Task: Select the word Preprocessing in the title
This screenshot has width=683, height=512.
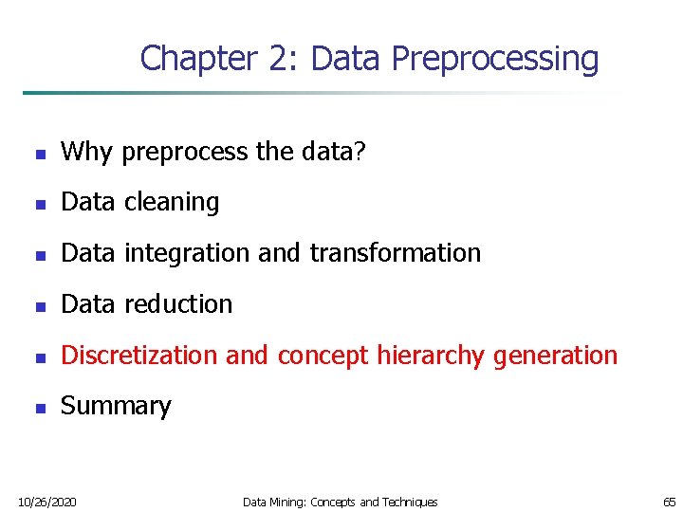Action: pos(494,59)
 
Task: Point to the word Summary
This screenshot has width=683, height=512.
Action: pos(116,407)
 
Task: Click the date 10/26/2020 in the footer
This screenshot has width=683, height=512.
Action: pos(47,502)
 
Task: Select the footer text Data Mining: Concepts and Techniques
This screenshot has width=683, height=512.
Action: pos(341,502)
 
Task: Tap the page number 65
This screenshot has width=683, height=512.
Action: pos(670,502)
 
